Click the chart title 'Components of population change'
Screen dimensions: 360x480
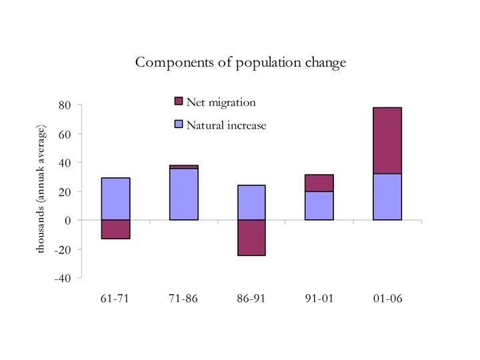coord(241,63)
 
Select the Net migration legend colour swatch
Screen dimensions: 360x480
coord(178,101)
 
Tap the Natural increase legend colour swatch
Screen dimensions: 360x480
coord(178,124)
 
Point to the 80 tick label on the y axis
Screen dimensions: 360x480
coord(65,105)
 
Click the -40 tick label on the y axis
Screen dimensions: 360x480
coord(63,278)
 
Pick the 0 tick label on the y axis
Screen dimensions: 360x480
coord(67,220)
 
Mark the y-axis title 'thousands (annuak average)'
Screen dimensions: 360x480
coord(41,189)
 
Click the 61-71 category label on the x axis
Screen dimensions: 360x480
coord(115,298)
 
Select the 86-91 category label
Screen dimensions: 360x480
coord(251,298)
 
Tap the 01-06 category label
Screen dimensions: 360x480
coord(387,298)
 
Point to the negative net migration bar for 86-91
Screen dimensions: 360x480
coord(251,237)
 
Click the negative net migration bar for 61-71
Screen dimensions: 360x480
coord(115,229)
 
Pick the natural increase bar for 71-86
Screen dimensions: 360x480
coord(183,195)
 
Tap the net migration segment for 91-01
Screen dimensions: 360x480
coord(319,183)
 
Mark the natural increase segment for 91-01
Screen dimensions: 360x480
coord(319,206)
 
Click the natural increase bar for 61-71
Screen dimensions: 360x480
coord(115,199)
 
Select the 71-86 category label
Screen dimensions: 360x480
coord(183,298)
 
